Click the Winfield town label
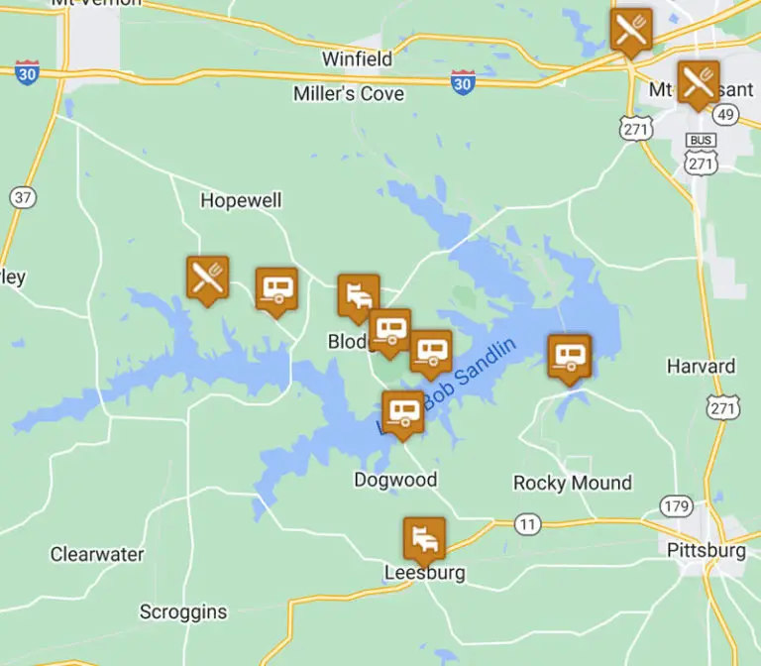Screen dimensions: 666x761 357,59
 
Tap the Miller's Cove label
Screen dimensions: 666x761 349,93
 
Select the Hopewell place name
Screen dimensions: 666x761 241,200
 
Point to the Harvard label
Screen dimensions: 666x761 701,366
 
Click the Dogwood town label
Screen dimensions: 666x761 395,480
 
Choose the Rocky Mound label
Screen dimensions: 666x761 572,483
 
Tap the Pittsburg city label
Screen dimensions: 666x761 706,550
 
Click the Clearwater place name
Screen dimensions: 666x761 97,554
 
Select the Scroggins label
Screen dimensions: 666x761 183,611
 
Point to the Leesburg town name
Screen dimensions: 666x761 425,573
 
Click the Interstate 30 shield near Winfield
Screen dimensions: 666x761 463,82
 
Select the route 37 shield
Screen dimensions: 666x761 23,196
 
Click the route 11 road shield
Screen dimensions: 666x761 528,523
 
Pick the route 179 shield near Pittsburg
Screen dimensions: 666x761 677,506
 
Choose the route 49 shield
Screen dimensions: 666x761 726,115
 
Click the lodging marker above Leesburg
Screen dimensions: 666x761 423,538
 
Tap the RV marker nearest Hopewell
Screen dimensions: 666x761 275,288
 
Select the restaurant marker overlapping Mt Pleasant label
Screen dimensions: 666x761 698,83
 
